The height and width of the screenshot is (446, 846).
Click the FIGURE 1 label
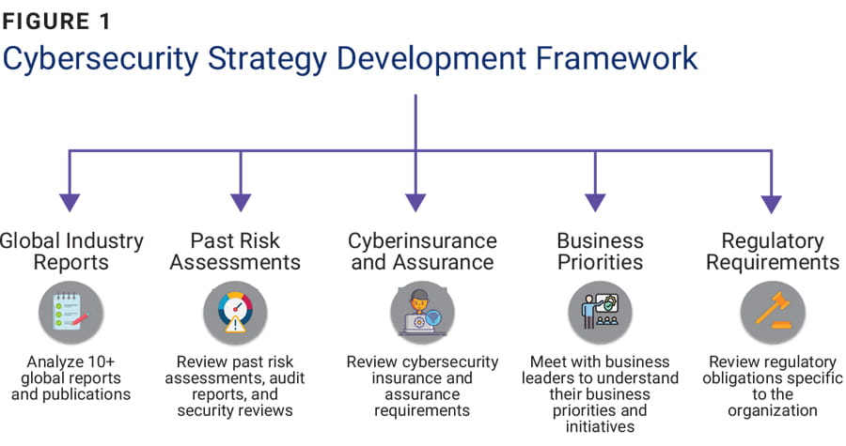tap(65, 19)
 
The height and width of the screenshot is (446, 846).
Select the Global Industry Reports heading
tap(71, 251)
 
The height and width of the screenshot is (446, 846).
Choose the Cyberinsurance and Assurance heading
tap(422, 251)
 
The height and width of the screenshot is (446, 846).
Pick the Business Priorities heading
tap(600, 251)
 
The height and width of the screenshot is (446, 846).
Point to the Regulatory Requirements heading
tap(772, 251)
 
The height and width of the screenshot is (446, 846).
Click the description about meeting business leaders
tap(600, 394)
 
